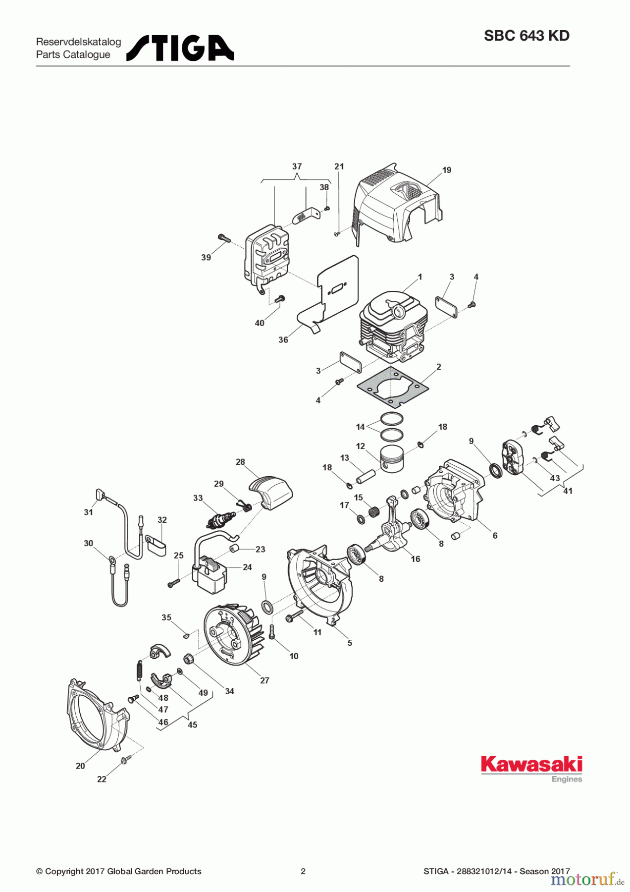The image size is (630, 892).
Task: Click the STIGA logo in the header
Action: click(x=180, y=48)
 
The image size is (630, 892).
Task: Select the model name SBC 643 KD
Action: click(x=526, y=36)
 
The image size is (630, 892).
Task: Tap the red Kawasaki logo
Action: click(x=531, y=765)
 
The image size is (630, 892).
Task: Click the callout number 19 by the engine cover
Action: click(x=447, y=170)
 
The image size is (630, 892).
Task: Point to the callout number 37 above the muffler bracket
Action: click(x=297, y=167)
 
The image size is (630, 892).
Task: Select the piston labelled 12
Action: click(x=392, y=458)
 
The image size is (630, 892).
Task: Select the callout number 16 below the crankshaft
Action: click(x=415, y=559)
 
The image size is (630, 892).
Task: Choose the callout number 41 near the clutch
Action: click(x=568, y=491)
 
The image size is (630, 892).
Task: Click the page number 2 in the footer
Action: click(x=303, y=871)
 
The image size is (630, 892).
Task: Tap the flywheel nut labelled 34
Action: click(x=188, y=659)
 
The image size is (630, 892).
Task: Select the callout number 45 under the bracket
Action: click(x=192, y=725)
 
